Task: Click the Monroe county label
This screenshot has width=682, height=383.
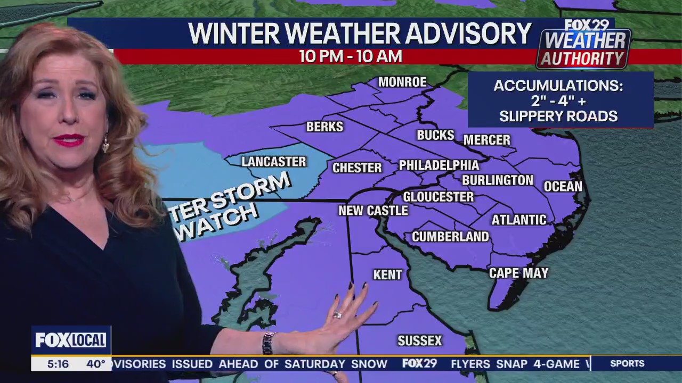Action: pyautogui.click(x=402, y=82)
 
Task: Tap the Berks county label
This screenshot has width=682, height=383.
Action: pyautogui.click(x=324, y=127)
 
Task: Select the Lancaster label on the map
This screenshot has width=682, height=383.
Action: pyautogui.click(x=274, y=162)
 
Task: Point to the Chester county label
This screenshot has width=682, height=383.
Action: pyautogui.click(x=357, y=168)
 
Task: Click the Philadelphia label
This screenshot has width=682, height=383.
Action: pyautogui.click(x=439, y=165)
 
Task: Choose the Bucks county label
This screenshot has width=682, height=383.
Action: pyautogui.click(x=435, y=135)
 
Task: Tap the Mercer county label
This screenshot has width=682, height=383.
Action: pyautogui.click(x=487, y=140)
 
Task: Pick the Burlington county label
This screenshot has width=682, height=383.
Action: pyautogui.click(x=498, y=180)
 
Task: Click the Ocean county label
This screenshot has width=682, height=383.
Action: pyautogui.click(x=563, y=186)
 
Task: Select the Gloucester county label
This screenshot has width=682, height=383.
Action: pyautogui.click(x=438, y=197)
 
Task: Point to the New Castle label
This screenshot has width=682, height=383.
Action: pyautogui.click(x=373, y=211)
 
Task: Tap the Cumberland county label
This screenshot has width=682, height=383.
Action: pyautogui.click(x=450, y=237)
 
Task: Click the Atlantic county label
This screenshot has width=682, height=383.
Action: pyautogui.click(x=519, y=220)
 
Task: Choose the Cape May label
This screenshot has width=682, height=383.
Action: pyautogui.click(x=518, y=273)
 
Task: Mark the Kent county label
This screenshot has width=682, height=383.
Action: pyautogui.click(x=387, y=274)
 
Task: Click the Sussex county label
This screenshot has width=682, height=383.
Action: pyautogui.click(x=420, y=340)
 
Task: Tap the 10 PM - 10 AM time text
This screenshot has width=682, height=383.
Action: pyautogui.click(x=350, y=56)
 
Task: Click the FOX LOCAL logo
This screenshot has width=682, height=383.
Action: pyautogui.click(x=71, y=340)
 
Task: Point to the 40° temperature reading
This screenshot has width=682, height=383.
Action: pyautogui.click(x=96, y=364)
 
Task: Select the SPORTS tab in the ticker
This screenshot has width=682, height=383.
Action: pyautogui.click(x=627, y=363)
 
